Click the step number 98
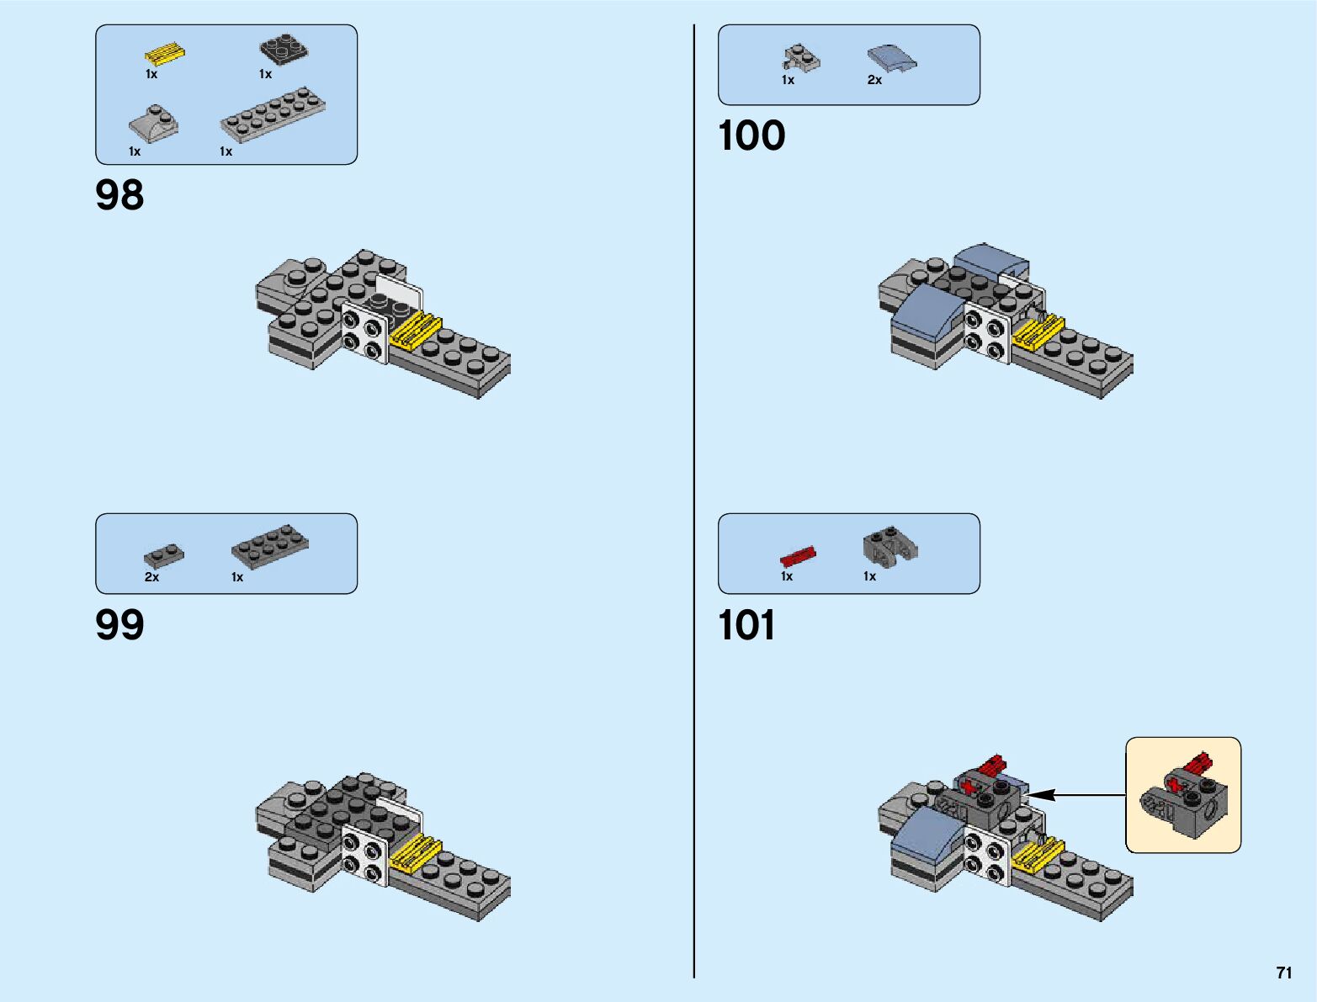(x=119, y=195)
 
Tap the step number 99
(x=119, y=625)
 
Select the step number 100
(x=751, y=136)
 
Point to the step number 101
(x=746, y=626)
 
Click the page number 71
(x=1283, y=973)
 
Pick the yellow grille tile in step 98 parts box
(x=165, y=55)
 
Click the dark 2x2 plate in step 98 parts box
(x=283, y=50)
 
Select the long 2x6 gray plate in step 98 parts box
(x=273, y=115)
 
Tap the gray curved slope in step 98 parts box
(x=153, y=123)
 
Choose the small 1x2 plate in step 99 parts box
(x=164, y=556)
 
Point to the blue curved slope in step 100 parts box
(x=892, y=57)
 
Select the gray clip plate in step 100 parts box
(x=801, y=57)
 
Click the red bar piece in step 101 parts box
(x=798, y=556)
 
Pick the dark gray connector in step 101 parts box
(x=890, y=547)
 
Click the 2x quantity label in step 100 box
(x=874, y=80)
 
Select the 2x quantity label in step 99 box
(x=151, y=577)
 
